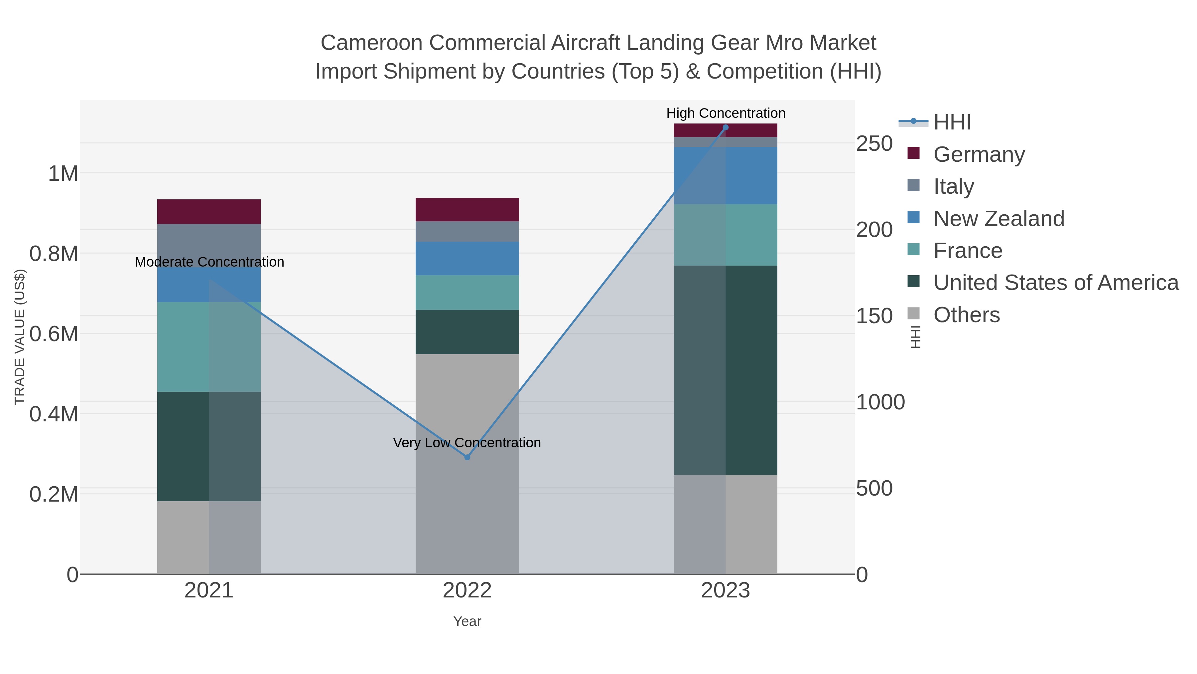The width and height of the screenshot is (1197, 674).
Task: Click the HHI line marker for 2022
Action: coord(467,457)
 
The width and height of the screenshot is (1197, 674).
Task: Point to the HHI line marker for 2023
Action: coord(726,127)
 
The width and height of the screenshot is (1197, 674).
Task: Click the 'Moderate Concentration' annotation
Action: coord(209,262)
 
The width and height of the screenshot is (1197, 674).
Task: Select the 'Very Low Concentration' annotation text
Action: coord(467,442)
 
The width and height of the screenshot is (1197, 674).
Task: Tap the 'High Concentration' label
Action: coord(726,113)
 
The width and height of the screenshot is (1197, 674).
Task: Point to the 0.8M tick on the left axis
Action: coord(54,254)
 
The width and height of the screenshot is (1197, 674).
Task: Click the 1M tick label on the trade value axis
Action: coord(63,173)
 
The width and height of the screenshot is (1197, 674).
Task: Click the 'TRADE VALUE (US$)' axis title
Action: coord(20,337)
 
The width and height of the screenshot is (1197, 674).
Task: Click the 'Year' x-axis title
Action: coord(467,621)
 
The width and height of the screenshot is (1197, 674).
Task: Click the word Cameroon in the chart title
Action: coord(371,43)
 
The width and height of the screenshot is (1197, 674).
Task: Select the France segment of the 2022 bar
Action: coord(467,293)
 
